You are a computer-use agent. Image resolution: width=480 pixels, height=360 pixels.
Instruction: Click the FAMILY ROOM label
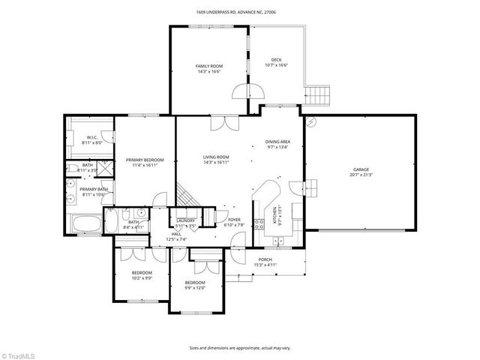click(x=209, y=66)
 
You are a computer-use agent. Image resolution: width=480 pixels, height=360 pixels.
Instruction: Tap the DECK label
click(x=276, y=60)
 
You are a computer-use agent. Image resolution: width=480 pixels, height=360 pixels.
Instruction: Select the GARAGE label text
click(x=361, y=169)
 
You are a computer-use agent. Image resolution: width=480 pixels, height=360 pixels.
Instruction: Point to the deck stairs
click(x=318, y=96)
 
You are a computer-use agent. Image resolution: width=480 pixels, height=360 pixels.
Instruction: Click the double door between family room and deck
click(x=248, y=91)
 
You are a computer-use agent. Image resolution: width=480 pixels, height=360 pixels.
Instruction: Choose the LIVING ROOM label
click(x=216, y=157)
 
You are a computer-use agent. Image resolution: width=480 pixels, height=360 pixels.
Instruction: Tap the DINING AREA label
click(x=278, y=142)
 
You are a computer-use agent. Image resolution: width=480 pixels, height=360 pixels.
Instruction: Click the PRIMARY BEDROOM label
click(x=145, y=160)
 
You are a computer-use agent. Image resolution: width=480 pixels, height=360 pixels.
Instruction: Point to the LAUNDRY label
click(x=185, y=220)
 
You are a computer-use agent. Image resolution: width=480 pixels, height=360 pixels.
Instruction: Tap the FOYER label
click(x=235, y=220)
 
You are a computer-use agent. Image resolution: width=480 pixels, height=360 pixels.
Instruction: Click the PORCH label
click(x=265, y=259)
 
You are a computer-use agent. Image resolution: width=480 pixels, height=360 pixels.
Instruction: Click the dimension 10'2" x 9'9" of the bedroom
click(x=142, y=277)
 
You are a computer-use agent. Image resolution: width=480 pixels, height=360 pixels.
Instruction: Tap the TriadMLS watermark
click(x=18, y=353)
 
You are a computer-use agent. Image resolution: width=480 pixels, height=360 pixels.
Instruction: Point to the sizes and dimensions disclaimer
click(x=240, y=347)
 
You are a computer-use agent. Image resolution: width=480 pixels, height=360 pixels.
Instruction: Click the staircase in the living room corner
click(x=187, y=196)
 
